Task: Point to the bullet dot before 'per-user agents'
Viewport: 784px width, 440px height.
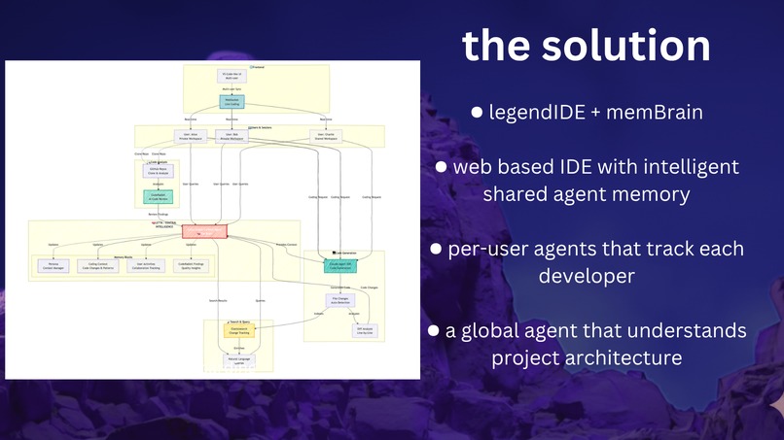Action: [x=437, y=250]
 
